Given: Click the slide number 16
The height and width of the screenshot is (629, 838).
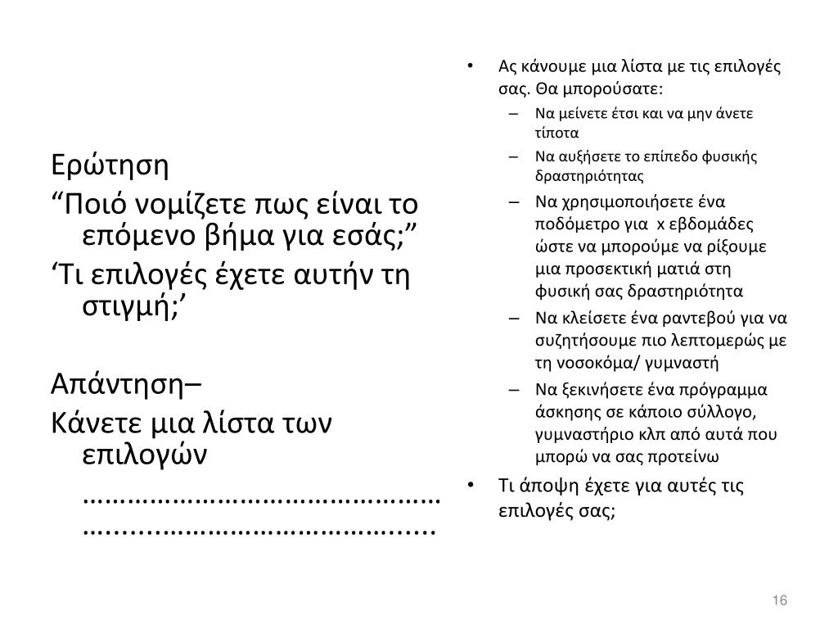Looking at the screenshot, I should click(779, 601).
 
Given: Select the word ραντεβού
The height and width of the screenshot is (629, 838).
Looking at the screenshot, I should click(711, 319).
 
